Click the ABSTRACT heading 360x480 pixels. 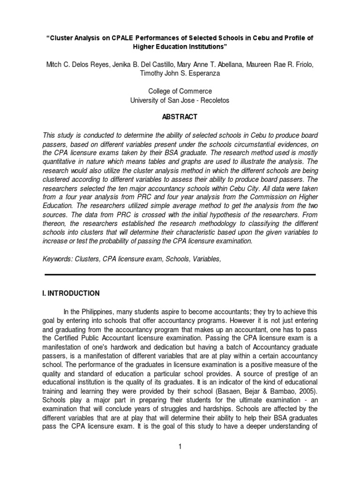tap(180, 117)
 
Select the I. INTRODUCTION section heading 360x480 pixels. tap(71, 293)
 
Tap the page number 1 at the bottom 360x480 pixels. tap(179, 447)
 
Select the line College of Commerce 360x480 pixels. tap(180, 91)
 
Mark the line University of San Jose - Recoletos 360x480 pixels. tap(180, 100)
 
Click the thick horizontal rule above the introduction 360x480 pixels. tap(180, 274)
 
